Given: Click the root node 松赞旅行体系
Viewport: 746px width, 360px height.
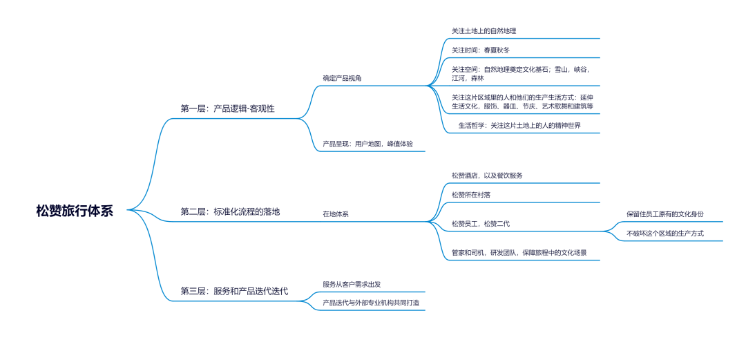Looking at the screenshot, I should click(75, 211).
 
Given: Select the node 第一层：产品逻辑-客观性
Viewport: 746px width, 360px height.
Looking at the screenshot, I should click(227, 108).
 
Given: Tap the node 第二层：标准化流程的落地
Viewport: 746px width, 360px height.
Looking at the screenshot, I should click(230, 211).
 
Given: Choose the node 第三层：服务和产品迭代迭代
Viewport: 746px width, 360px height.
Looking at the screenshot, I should click(234, 292).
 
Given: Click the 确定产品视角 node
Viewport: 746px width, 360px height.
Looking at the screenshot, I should click(342, 78).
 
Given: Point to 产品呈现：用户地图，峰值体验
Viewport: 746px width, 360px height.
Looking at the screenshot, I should click(367, 144).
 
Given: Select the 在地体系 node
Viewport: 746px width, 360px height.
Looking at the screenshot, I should click(336, 214).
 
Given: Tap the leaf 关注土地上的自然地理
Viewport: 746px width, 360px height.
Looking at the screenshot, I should click(484, 31).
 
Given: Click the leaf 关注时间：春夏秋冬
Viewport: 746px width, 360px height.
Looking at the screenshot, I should click(481, 50).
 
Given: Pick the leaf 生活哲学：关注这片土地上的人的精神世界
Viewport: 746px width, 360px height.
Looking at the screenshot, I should click(519, 126).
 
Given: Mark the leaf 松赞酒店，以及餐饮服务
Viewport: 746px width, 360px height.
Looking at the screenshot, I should click(487, 176).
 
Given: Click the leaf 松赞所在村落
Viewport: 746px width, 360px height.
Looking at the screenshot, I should click(471, 195).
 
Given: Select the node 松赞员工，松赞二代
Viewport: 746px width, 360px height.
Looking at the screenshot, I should click(481, 224).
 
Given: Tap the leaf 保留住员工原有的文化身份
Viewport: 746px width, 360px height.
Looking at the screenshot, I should click(664, 214).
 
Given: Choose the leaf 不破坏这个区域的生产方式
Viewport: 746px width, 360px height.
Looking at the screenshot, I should click(664, 234).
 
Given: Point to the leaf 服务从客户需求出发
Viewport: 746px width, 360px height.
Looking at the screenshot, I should click(352, 284).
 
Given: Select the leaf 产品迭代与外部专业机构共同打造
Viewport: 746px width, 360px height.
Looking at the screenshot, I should click(370, 303).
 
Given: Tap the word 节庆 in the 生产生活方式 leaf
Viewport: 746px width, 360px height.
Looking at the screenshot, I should click(529, 106).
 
